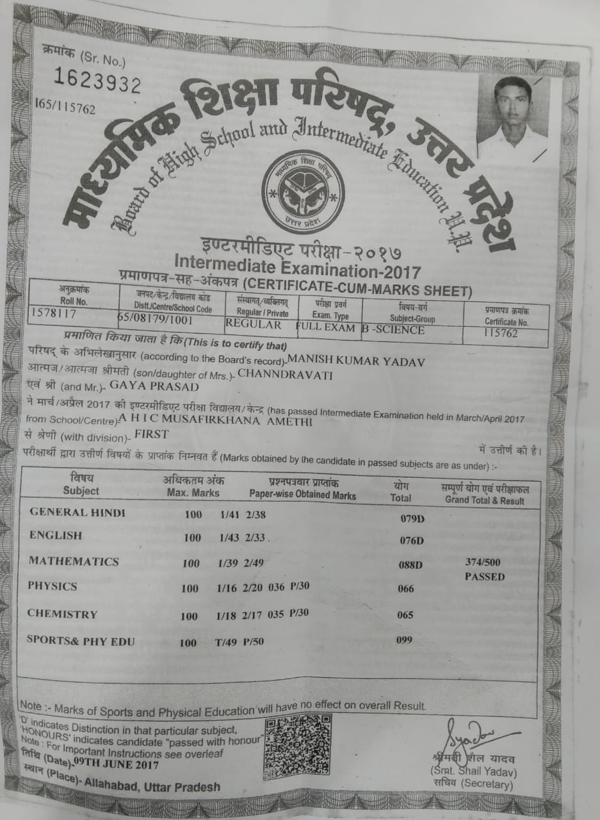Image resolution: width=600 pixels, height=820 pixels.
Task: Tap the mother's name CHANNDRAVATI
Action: click(x=285, y=375)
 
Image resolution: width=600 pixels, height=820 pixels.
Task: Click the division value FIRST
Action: click(x=151, y=434)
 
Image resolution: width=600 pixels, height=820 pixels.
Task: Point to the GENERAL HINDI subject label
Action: click(x=77, y=512)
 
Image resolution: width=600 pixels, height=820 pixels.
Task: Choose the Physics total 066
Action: click(x=405, y=589)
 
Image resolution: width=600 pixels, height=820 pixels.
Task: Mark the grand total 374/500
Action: click(x=484, y=562)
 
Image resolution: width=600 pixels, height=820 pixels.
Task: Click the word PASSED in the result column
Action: click(x=485, y=577)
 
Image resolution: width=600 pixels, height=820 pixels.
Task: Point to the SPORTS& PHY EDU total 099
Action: click(x=404, y=639)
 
